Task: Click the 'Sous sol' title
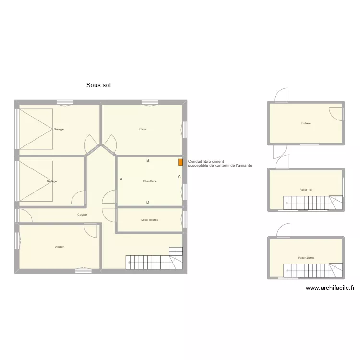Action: (99, 85)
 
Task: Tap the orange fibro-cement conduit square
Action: (180, 162)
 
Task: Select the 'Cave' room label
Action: (143, 129)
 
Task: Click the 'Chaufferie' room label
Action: (150, 181)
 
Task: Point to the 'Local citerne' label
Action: (150, 220)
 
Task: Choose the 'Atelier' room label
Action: (60, 247)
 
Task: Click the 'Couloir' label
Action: (82, 215)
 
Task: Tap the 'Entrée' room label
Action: (306, 123)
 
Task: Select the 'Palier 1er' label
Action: (306, 190)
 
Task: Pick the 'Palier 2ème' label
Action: (306, 258)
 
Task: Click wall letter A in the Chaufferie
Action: (121, 179)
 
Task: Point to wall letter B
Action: (148, 161)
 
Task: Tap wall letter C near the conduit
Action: (179, 177)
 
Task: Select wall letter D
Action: (148, 202)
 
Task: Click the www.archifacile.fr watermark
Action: (330, 288)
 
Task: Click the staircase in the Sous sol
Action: (154, 262)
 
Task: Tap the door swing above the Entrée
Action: (281, 95)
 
